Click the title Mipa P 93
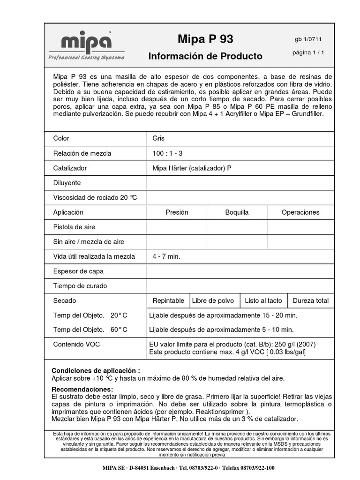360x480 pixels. [x=205, y=38]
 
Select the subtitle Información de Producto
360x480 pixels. [x=205, y=56]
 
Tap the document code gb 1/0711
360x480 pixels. [x=308, y=39]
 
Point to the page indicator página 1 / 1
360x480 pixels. [x=308, y=52]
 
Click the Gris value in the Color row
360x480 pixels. [x=158, y=138]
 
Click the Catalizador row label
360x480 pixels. [x=70, y=168]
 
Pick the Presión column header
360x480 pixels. [x=177, y=212]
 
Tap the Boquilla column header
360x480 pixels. [x=237, y=212]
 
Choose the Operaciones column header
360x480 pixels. [x=300, y=212]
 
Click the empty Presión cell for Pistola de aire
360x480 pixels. [x=177, y=227]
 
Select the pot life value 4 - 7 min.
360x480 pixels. [x=166, y=256]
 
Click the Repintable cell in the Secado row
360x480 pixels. [x=168, y=300]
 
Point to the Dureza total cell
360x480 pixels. [x=310, y=300]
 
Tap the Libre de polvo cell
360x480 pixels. [x=213, y=300]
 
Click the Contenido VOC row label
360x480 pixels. [x=76, y=345]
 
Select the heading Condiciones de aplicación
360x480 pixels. [x=96, y=370]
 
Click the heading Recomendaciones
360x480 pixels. [x=82, y=390]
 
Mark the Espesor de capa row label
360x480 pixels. [x=78, y=271]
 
